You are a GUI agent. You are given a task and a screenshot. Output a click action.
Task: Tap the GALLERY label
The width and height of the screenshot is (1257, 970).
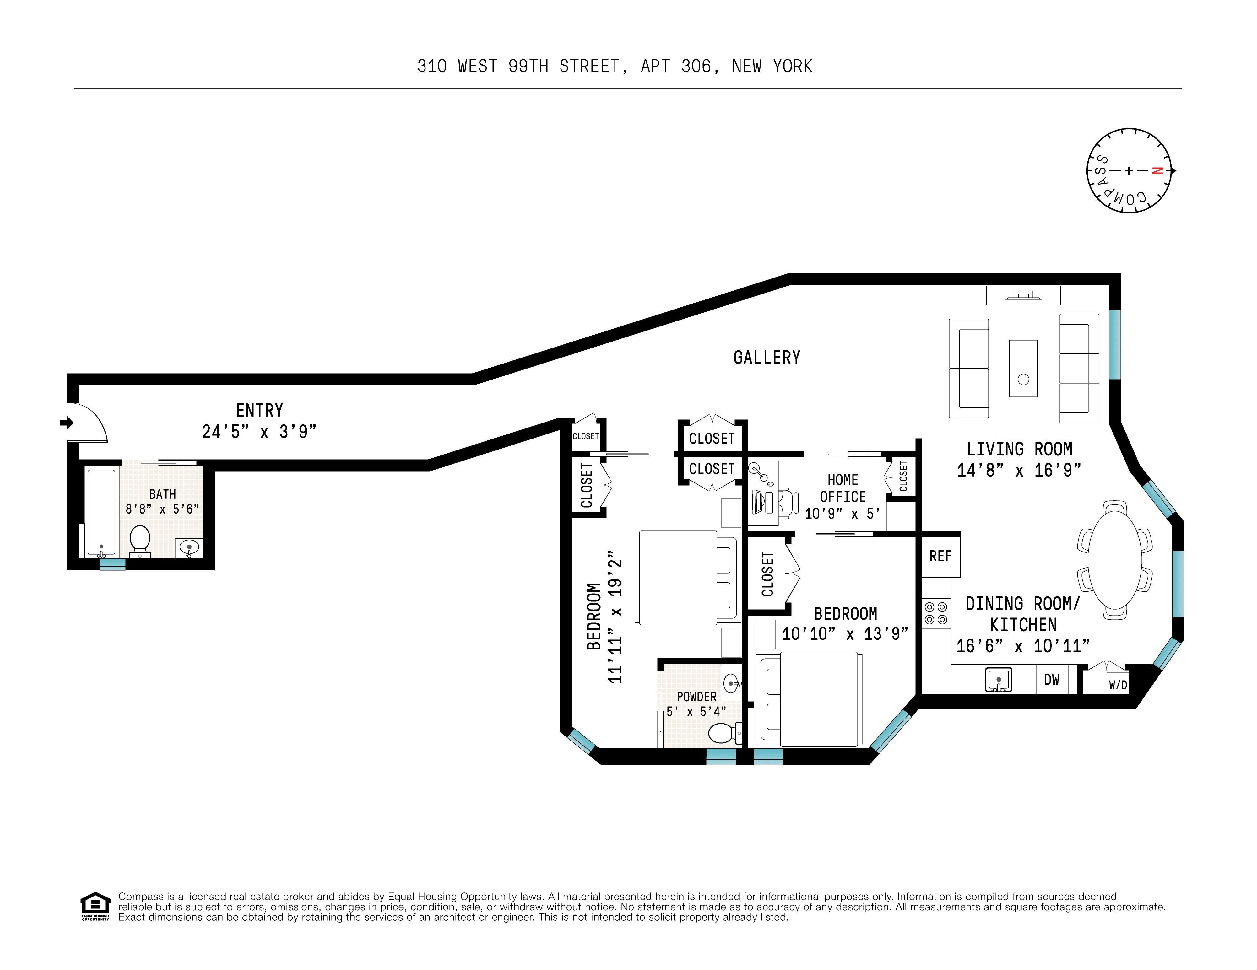tap(766, 358)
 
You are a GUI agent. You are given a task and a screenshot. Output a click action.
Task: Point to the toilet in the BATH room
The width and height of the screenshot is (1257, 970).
tap(140, 541)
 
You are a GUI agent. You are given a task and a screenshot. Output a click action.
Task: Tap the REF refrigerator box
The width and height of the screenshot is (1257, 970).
tap(940, 556)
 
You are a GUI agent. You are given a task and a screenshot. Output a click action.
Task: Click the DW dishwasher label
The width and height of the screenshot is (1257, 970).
tap(1052, 679)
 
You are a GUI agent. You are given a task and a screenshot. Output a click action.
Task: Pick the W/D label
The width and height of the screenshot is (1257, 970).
tap(1117, 685)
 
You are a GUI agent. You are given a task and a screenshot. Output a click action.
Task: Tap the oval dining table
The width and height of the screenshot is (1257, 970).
tap(1115, 560)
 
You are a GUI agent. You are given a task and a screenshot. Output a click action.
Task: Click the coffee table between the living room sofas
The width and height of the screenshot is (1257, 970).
tap(1023, 368)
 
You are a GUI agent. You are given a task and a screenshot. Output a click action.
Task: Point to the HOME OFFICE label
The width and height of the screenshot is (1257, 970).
tap(843, 488)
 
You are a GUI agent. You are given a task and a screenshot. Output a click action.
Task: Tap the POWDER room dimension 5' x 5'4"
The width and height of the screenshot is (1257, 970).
tap(696, 712)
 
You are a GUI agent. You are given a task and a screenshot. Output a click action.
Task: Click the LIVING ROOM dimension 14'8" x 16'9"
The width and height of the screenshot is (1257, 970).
tap(1019, 471)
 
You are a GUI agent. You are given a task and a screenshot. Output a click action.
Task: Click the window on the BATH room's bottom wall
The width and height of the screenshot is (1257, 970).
tap(112, 564)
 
